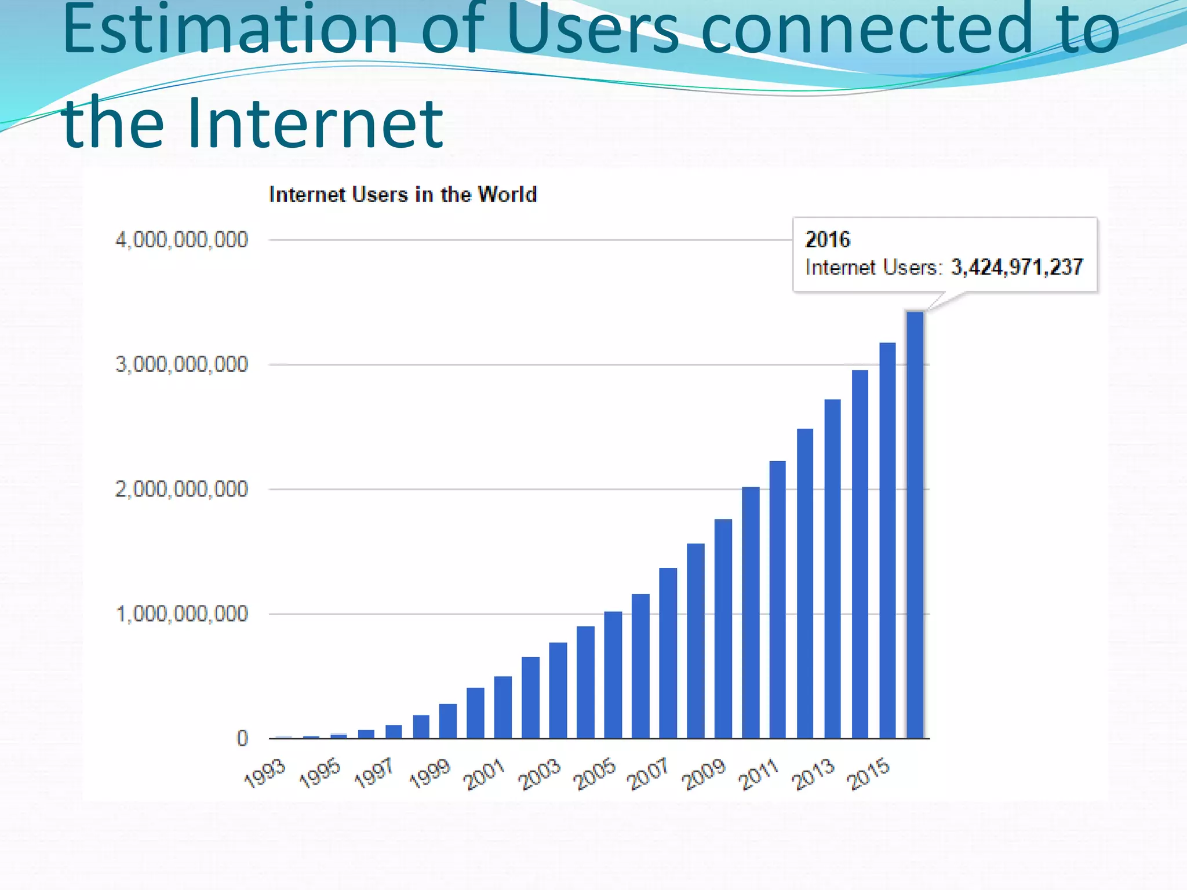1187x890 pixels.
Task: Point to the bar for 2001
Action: (x=503, y=707)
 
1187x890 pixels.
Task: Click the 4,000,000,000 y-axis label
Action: (x=181, y=239)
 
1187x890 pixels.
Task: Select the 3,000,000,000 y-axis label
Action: (x=181, y=364)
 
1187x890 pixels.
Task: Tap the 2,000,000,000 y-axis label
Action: (x=181, y=489)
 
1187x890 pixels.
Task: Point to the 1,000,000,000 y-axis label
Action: (x=181, y=614)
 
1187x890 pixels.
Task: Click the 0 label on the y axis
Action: (x=242, y=738)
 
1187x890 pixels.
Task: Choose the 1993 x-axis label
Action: (x=265, y=774)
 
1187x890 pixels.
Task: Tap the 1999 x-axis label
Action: (x=429, y=774)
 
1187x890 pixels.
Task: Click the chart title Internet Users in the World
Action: (x=403, y=195)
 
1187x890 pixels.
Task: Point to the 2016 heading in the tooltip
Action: (x=828, y=239)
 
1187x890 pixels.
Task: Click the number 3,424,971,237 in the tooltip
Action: (x=1017, y=267)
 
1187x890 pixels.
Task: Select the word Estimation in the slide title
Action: (x=230, y=29)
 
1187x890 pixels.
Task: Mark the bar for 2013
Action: (x=832, y=568)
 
